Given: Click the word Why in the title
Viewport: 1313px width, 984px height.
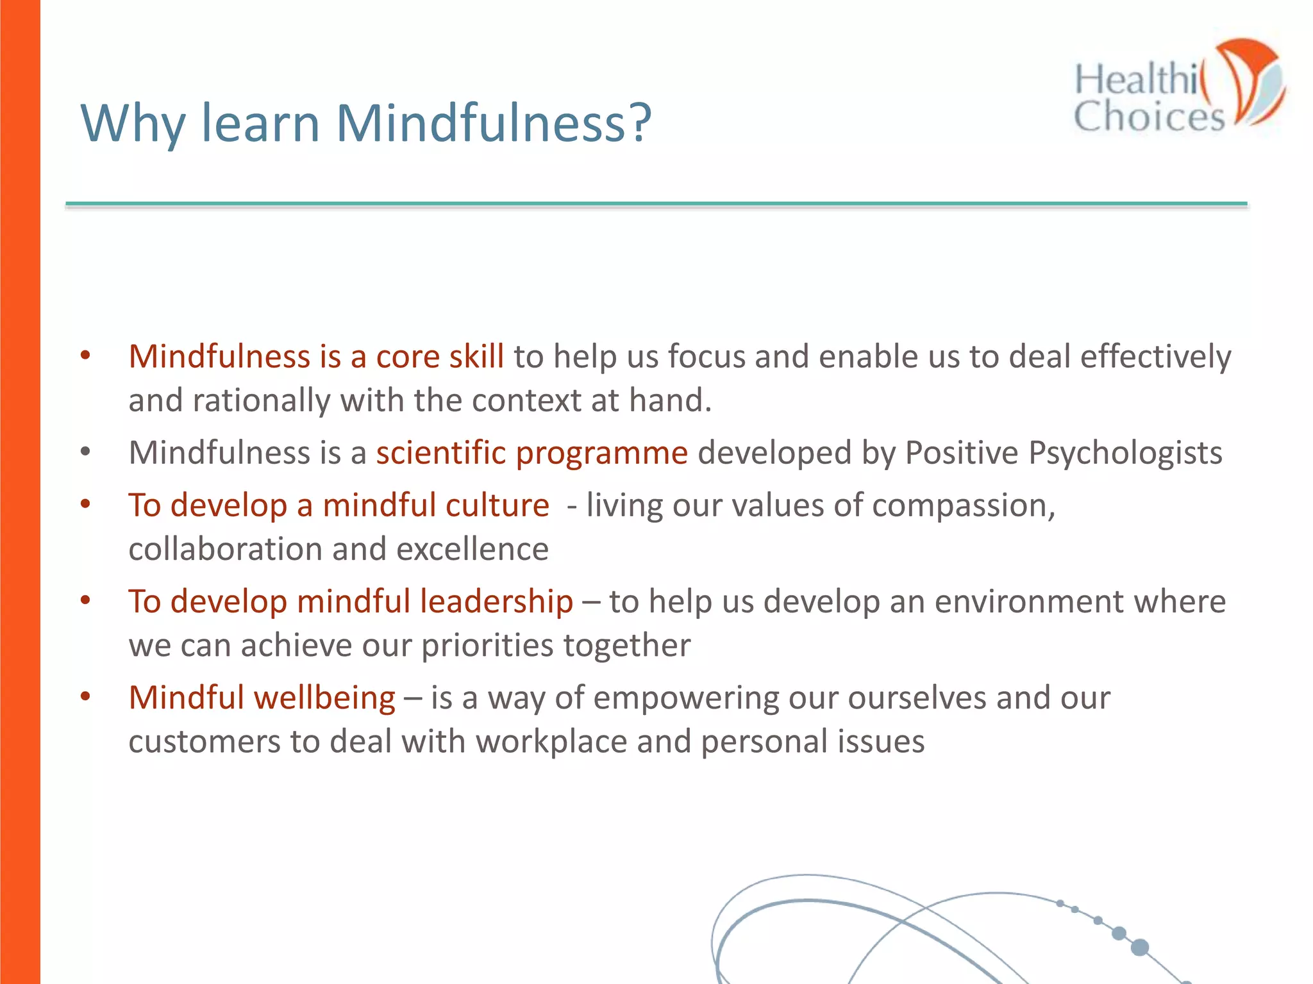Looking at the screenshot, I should (132, 123).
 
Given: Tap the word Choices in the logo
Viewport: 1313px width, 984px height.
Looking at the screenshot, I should (1148, 117).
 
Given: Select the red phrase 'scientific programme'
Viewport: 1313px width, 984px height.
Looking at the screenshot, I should (531, 453).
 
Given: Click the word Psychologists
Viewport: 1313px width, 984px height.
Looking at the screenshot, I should (1125, 453).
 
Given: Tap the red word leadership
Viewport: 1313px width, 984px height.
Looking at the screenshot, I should (496, 602).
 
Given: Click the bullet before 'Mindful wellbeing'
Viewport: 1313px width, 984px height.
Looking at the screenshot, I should (85, 696).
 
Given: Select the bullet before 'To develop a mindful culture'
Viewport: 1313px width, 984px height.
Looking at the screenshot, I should (85, 504).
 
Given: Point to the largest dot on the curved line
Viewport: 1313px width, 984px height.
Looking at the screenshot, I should (1139, 947).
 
